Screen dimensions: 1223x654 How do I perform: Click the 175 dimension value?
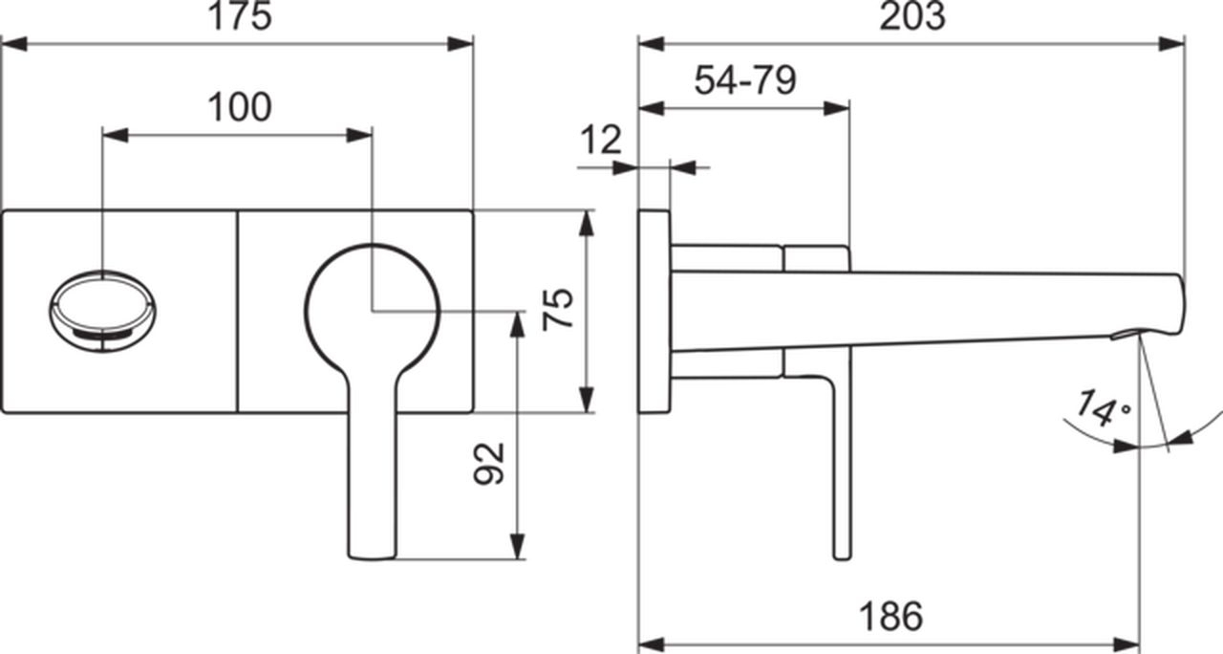[x=240, y=16]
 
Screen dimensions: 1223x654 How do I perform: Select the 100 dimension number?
[x=240, y=107]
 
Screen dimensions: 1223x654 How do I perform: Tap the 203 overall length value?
[x=912, y=16]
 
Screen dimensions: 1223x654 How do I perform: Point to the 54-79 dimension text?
[x=745, y=80]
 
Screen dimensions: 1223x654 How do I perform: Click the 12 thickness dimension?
[x=601, y=140]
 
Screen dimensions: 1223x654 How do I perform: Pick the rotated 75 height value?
[x=558, y=309]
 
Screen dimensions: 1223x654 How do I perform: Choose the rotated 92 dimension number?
[x=489, y=464]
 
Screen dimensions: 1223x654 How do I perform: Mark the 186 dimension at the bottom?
[x=891, y=617]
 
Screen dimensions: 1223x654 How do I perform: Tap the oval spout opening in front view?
[x=102, y=311]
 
